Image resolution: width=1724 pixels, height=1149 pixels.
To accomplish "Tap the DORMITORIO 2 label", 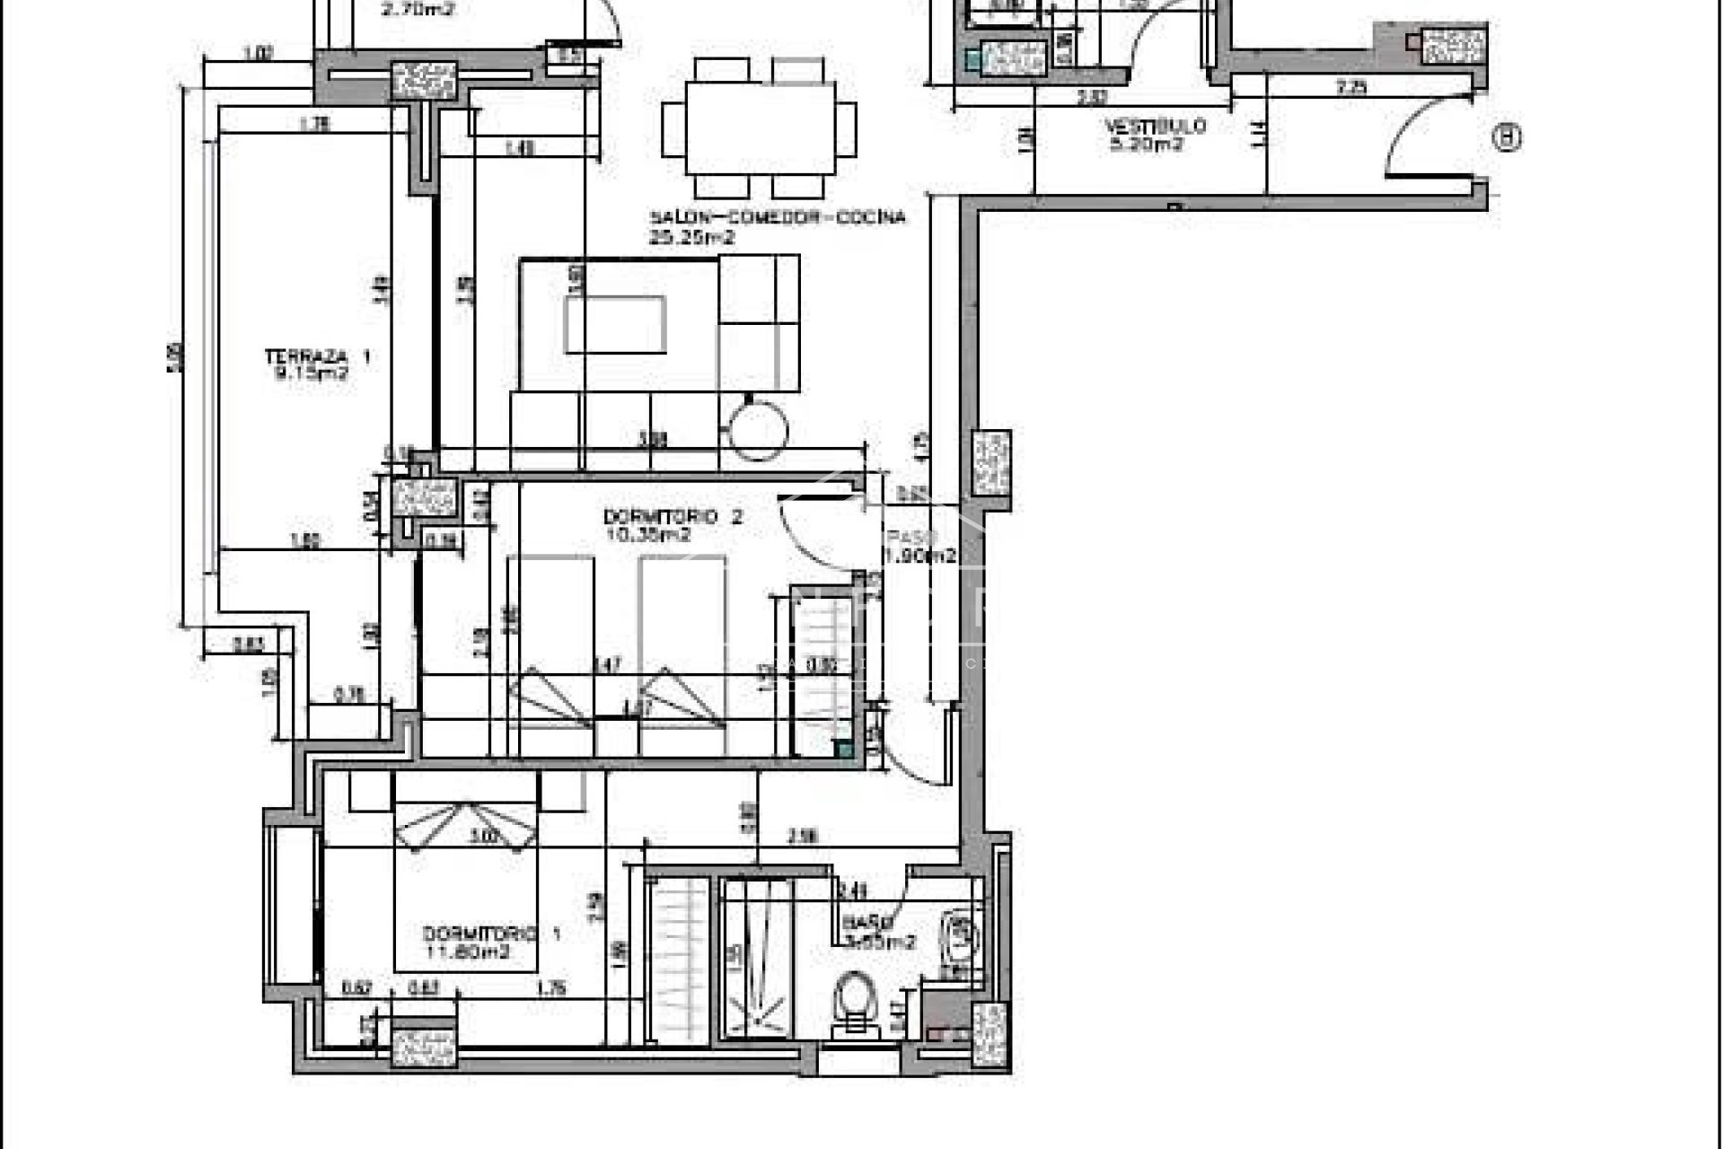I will click(673, 517).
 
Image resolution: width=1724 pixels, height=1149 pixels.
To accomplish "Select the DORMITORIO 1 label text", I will click(491, 934).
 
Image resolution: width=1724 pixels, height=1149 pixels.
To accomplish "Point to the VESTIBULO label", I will click(1155, 127).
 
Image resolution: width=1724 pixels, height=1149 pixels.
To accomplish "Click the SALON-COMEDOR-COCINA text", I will click(778, 218).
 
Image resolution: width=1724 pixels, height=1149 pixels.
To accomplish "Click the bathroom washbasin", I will click(960, 938).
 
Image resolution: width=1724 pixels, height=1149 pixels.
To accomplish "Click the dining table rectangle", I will click(760, 128).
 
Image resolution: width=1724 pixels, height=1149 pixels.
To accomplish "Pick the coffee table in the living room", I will click(615, 324).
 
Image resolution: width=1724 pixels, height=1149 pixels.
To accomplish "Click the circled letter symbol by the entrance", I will click(1508, 137).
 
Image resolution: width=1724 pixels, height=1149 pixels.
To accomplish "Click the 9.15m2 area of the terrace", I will click(311, 374).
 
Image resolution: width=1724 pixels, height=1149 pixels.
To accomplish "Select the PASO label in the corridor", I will click(910, 538).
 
